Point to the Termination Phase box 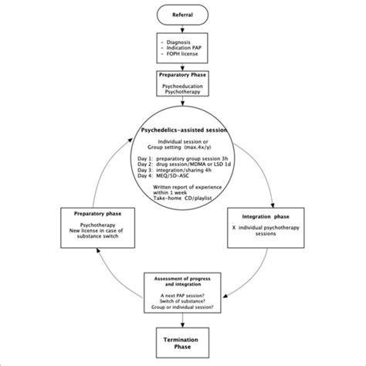click(182, 344)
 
